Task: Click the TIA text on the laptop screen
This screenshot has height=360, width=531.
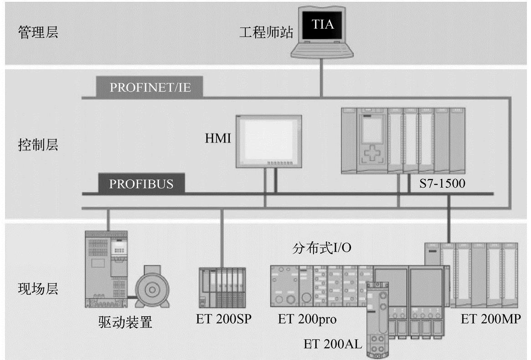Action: click(x=322, y=24)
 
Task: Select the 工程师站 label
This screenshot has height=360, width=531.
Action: click(x=266, y=33)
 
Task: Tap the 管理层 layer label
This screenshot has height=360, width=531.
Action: click(x=38, y=33)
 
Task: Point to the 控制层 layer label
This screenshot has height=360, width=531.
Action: click(x=38, y=145)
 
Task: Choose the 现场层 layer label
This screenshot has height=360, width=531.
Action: click(x=38, y=289)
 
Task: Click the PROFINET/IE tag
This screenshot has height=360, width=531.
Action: click(x=150, y=88)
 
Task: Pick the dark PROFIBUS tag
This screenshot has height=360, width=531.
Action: click(x=141, y=184)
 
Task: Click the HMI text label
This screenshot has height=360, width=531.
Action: click(x=218, y=138)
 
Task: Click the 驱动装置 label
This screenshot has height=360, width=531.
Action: click(x=125, y=323)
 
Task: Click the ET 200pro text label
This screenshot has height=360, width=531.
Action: click(x=307, y=319)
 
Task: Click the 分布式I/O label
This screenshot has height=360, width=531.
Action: click(x=322, y=249)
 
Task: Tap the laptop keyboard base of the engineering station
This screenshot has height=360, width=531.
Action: click(x=321, y=51)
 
